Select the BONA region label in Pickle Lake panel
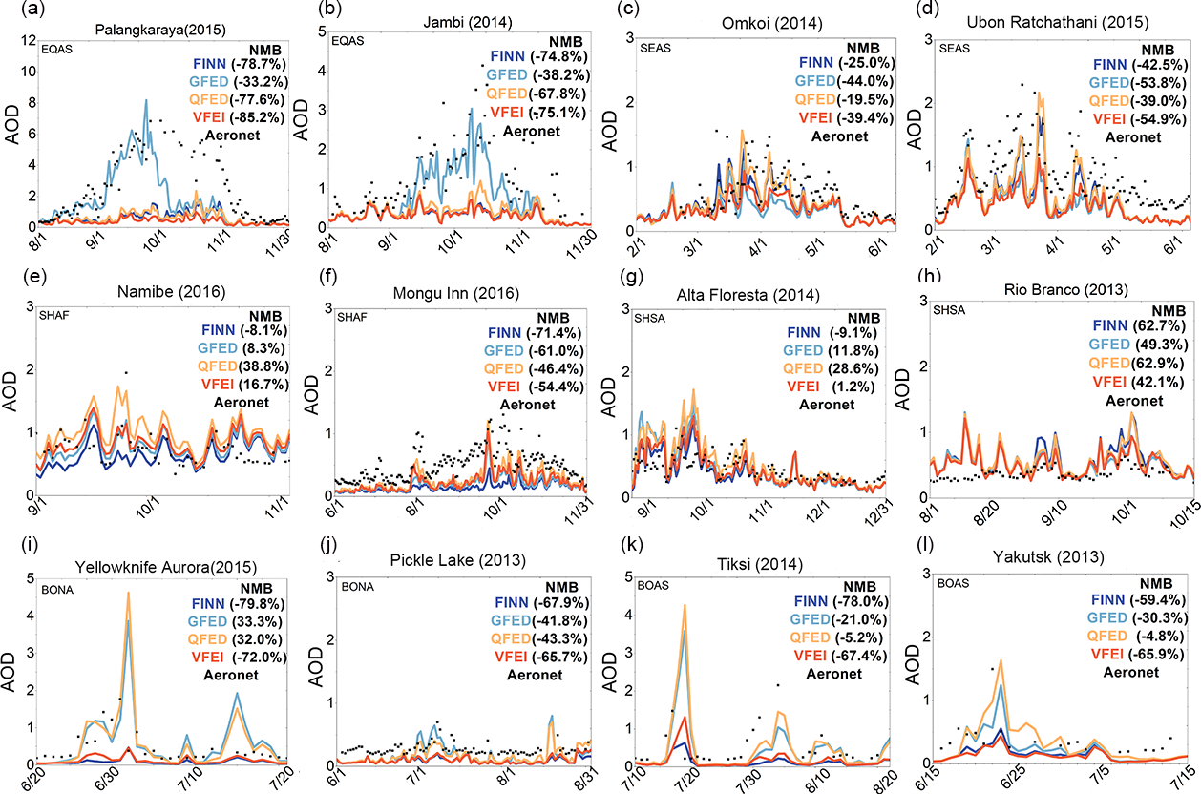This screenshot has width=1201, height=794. click(358, 576)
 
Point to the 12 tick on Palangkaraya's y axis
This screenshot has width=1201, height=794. click(28, 40)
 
